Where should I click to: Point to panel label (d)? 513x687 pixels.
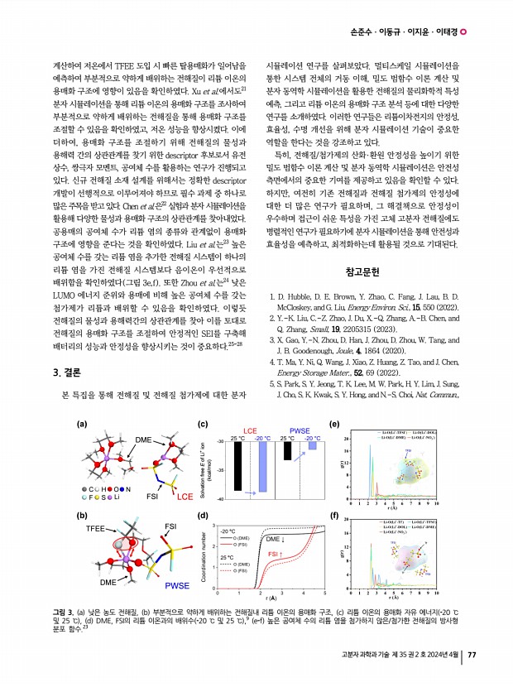(203, 516)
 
